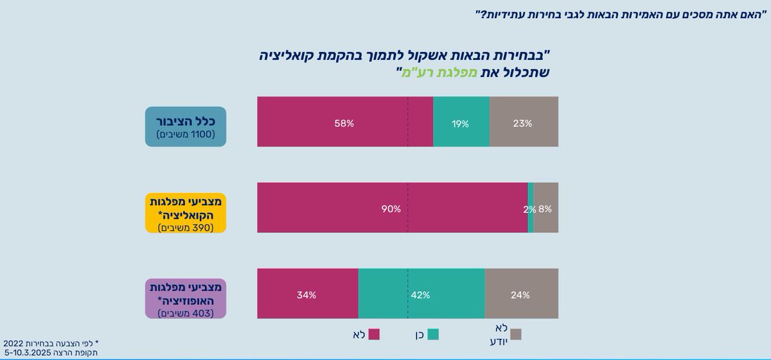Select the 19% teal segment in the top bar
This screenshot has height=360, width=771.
click(x=461, y=122)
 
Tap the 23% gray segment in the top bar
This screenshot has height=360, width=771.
click(x=524, y=122)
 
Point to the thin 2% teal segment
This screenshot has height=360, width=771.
click(x=531, y=208)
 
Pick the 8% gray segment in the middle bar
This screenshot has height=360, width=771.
click(x=546, y=208)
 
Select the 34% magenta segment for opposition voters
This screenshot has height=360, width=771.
click(x=307, y=294)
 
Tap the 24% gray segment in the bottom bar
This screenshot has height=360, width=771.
click(x=521, y=294)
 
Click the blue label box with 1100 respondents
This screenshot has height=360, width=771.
click(x=185, y=127)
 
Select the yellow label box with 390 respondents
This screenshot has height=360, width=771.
click(x=185, y=211)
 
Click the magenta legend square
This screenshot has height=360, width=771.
click(x=374, y=334)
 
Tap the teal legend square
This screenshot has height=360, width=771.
click(x=434, y=334)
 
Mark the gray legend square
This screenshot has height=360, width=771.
click(x=515, y=334)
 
